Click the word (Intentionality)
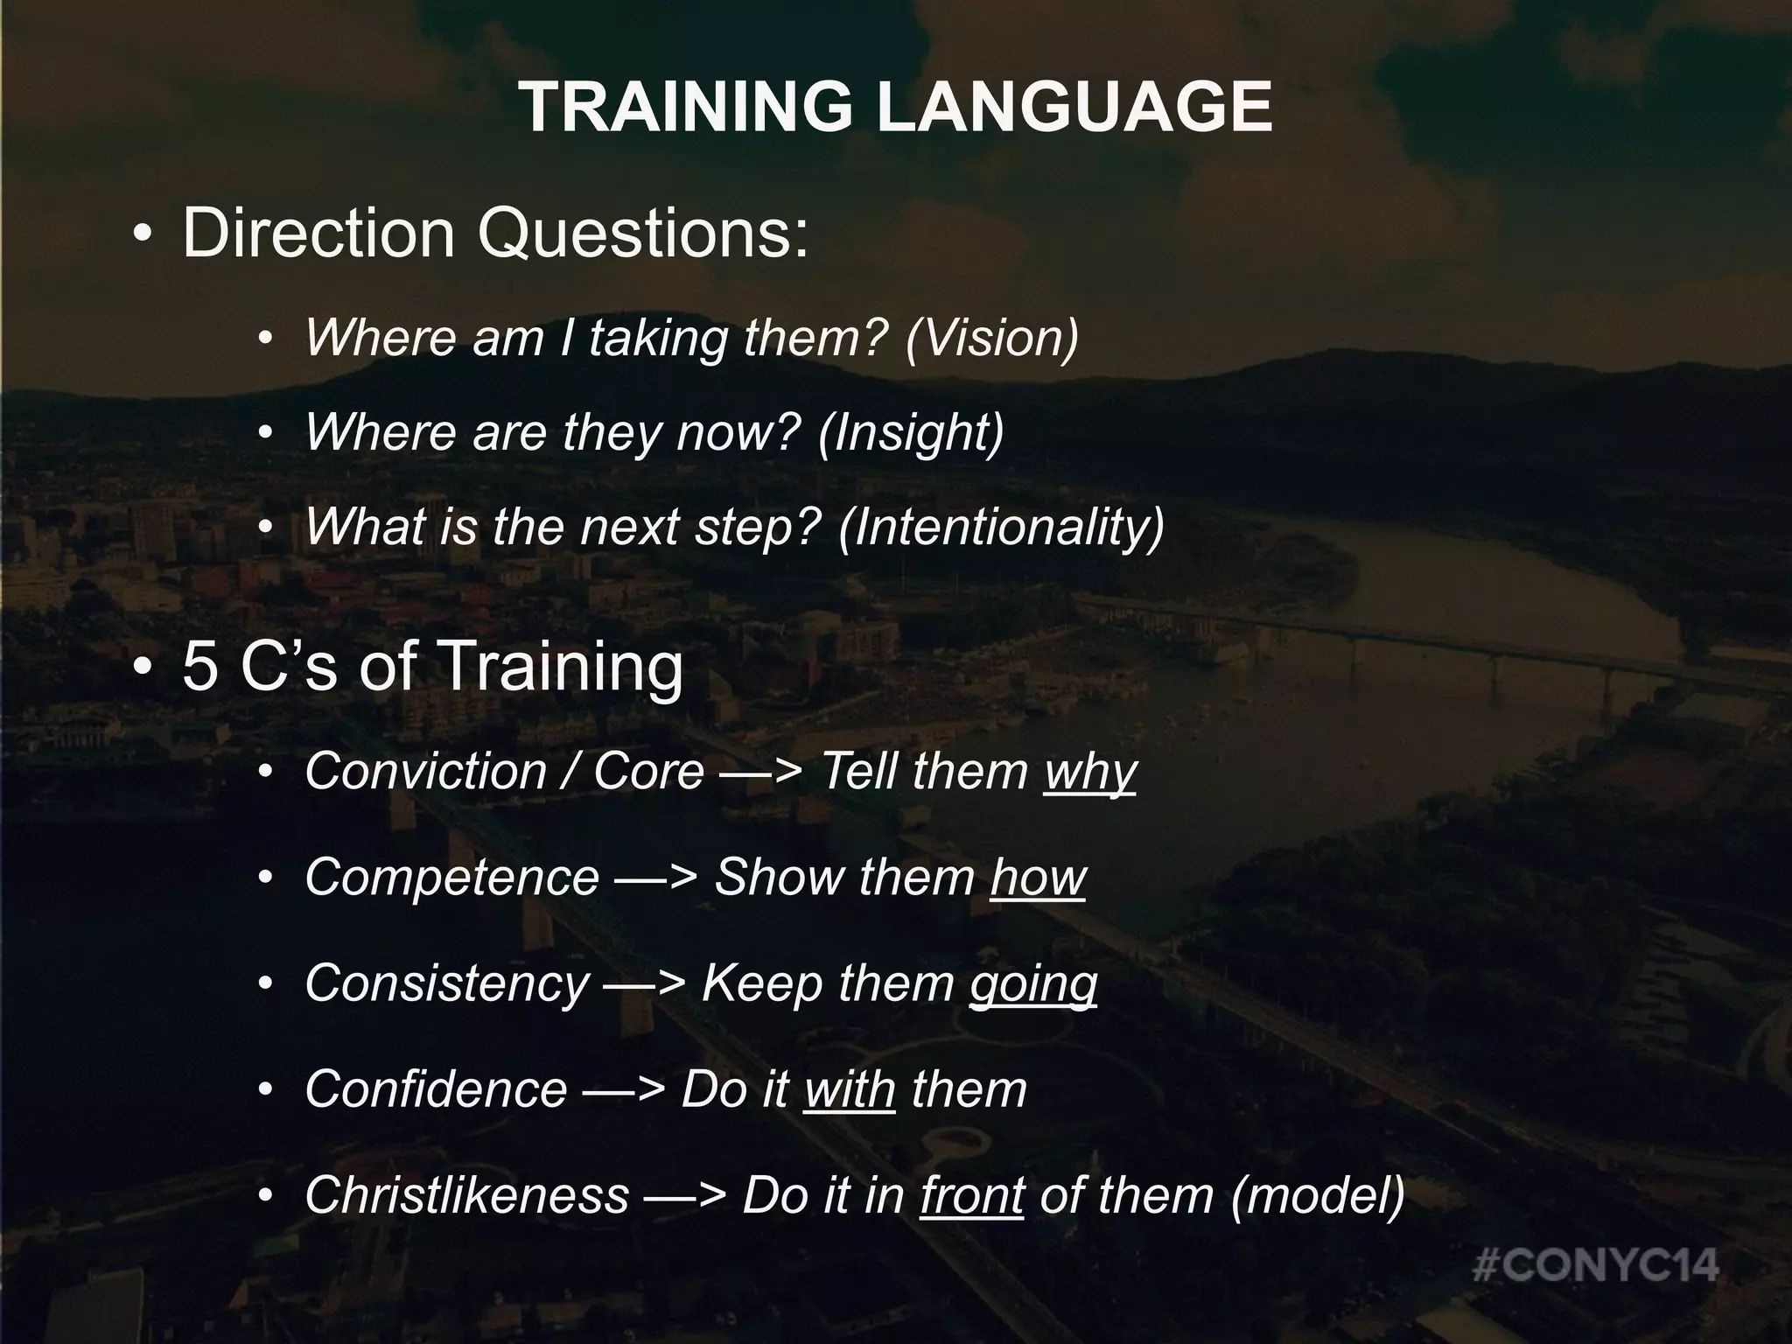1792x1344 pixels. [x=1001, y=526]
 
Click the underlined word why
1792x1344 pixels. [x=1089, y=772]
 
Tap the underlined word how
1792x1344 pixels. [x=1038, y=878]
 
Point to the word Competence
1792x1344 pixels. [x=451, y=878]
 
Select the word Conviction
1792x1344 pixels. [x=425, y=772]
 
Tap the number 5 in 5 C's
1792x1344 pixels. [x=199, y=667]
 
